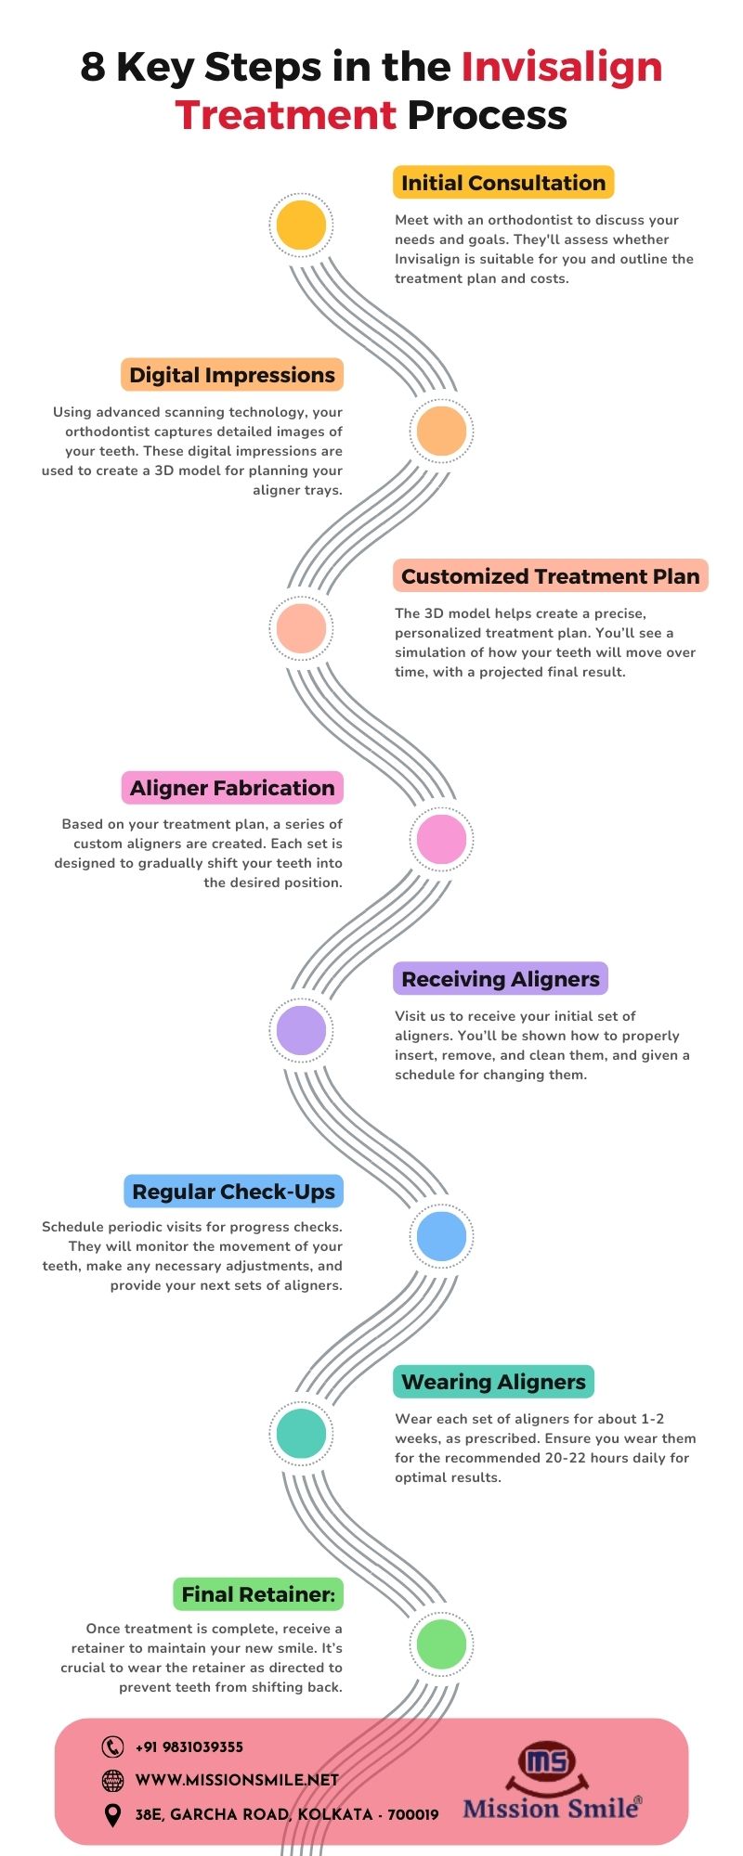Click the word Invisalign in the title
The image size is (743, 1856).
pyautogui.click(x=561, y=68)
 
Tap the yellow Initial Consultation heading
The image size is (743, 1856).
pyautogui.click(x=503, y=183)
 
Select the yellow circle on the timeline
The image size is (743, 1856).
pyautogui.click(x=302, y=225)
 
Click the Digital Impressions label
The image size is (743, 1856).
pyautogui.click(x=232, y=375)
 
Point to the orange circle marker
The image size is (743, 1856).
pyautogui.click(x=441, y=431)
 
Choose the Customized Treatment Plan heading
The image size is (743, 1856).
pyautogui.click(x=550, y=576)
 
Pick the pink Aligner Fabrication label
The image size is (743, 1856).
pyautogui.click(x=232, y=788)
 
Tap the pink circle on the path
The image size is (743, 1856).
pyautogui.click(x=441, y=839)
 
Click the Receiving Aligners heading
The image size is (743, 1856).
pyautogui.click(x=501, y=979)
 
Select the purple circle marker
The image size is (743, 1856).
pyautogui.click(x=302, y=1030)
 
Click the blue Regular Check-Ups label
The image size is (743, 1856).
pyautogui.click(x=233, y=1192)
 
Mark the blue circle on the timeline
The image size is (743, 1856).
pyautogui.click(x=441, y=1236)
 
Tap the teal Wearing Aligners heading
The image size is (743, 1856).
pyautogui.click(x=493, y=1382)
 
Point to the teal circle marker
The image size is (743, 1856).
pyautogui.click(x=302, y=1433)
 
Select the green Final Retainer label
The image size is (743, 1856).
pyautogui.click(x=258, y=1594)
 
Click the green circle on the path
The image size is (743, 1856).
pyautogui.click(x=441, y=1643)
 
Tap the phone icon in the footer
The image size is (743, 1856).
pyautogui.click(x=112, y=1746)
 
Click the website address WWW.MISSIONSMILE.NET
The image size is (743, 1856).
pyautogui.click(x=237, y=1780)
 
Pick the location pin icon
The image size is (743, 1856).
pyautogui.click(x=112, y=1814)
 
